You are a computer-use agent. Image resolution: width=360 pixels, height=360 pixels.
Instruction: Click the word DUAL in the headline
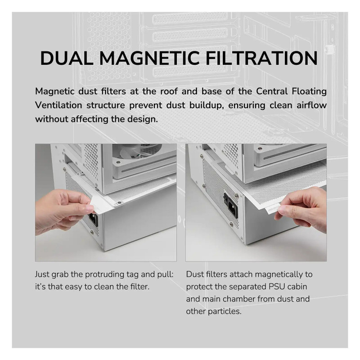click(x=66, y=58)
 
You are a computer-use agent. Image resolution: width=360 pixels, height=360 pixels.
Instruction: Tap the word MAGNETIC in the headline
click(x=149, y=58)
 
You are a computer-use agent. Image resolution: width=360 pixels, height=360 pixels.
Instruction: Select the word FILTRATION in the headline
click(x=262, y=58)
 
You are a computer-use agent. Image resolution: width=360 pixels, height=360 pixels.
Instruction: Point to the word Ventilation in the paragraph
click(x=58, y=105)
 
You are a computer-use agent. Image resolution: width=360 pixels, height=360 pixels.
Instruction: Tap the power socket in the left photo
click(x=94, y=219)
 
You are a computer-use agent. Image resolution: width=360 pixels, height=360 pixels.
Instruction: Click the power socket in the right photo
click(x=231, y=206)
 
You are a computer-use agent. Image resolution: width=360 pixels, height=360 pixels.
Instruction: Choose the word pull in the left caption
click(x=165, y=274)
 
